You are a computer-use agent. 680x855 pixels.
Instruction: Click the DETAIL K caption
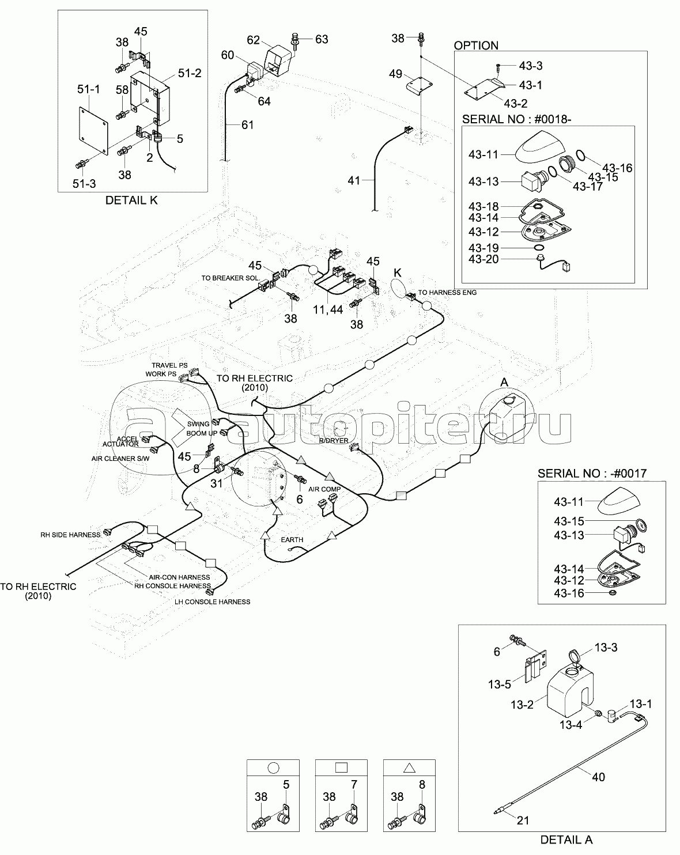click(x=131, y=200)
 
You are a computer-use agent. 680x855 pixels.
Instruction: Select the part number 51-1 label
click(x=89, y=89)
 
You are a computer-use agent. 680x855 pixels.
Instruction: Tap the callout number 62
click(x=253, y=40)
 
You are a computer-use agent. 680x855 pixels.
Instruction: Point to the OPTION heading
click(x=476, y=46)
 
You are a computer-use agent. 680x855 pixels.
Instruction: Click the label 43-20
click(x=483, y=259)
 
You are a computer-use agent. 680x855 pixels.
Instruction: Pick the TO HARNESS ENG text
click(x=447, y=293)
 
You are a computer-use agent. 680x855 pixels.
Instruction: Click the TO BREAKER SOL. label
click(x=231, y=278)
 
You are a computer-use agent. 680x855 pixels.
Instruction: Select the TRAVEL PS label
click(x=169, y=365)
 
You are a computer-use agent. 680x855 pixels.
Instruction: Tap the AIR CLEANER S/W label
click(x=120, y=459)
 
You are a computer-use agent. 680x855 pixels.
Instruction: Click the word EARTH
click(x=292, y=539)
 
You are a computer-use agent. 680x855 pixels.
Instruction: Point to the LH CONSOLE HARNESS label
click(x=212, y=602)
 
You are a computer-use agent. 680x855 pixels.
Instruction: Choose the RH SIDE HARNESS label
click(x=70, y=535)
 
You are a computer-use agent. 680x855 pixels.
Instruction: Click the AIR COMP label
click(x=324, y=489)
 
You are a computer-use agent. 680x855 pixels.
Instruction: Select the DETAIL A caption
click(x=566, y=839)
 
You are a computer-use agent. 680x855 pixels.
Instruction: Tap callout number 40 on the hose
click(x=598, y=777)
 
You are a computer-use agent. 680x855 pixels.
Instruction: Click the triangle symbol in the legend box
click(x=409, y=768)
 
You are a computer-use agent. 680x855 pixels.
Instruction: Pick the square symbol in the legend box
click(x=341, y=767)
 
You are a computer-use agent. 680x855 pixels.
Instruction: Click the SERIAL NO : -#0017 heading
click(x=592, y=473)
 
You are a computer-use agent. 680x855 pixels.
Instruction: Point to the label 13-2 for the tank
click(x=522, y=705)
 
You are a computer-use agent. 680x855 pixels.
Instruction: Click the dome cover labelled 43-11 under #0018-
click(x=541, y=147)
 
